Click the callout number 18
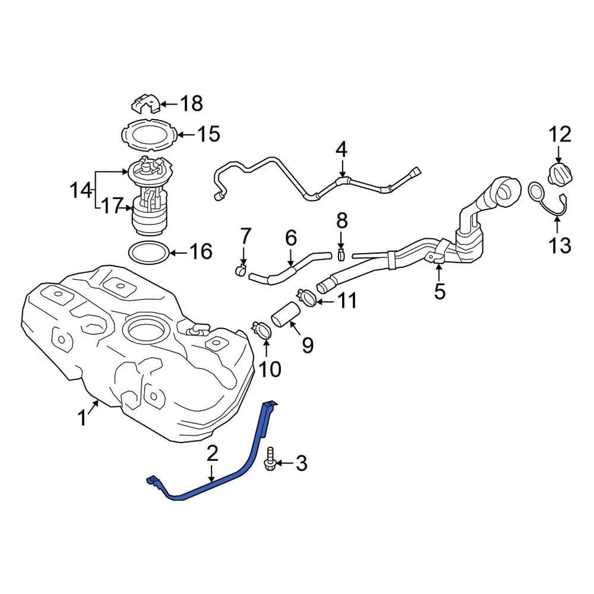pos(192,104)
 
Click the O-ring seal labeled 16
pos(148,252)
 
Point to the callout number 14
pos(80,191)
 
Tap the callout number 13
pos(560,246)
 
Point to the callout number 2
pos(212,454)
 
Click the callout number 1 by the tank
pos(82,418)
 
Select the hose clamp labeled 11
pos(308,298)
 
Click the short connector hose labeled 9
pos(286,313)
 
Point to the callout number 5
pos(439,291)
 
